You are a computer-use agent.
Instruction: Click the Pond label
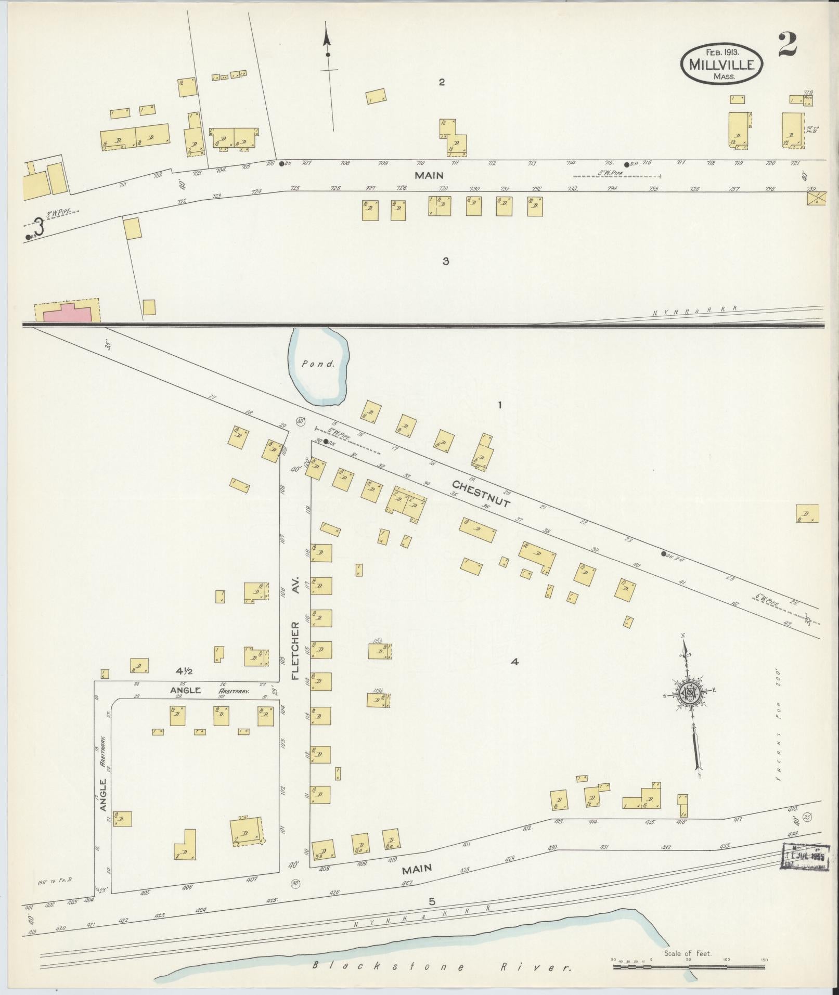point(318,364)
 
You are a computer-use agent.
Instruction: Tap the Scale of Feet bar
point(688,967)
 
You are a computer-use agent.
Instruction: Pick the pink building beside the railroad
point(68,313)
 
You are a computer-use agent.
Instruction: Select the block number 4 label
point(514,662)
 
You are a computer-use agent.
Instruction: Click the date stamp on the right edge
point(806,857)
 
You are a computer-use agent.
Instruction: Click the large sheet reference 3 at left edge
point(38,227)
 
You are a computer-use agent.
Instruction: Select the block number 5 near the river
point(431,901)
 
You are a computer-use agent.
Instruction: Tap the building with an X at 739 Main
point(816,198)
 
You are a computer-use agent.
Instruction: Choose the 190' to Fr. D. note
point(54,883)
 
